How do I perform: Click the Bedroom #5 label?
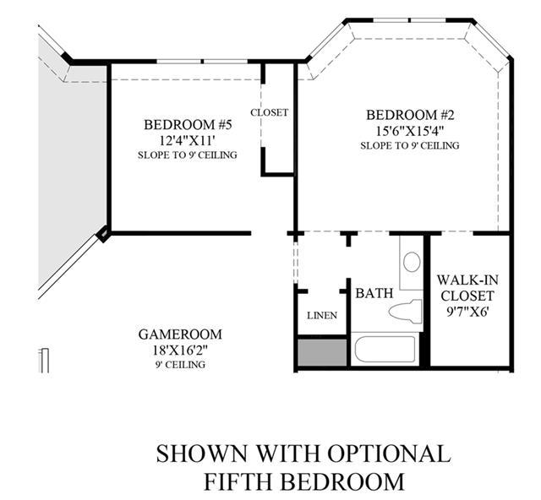188,125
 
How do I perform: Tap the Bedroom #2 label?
410,115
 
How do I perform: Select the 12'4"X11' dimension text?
188,140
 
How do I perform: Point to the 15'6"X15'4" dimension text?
410,131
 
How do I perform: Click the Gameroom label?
180,334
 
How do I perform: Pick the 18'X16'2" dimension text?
180,351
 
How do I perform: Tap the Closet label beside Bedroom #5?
269,112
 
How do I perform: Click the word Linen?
322,315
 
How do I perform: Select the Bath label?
374,293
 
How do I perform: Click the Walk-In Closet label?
467,288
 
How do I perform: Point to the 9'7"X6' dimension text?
467,312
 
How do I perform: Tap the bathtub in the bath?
385,349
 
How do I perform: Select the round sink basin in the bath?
412,261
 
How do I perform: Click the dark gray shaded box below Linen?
322,352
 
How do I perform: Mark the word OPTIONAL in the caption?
389,454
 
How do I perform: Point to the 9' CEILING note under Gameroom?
180,365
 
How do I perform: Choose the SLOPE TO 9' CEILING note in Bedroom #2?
410,145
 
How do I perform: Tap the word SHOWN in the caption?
202,454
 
